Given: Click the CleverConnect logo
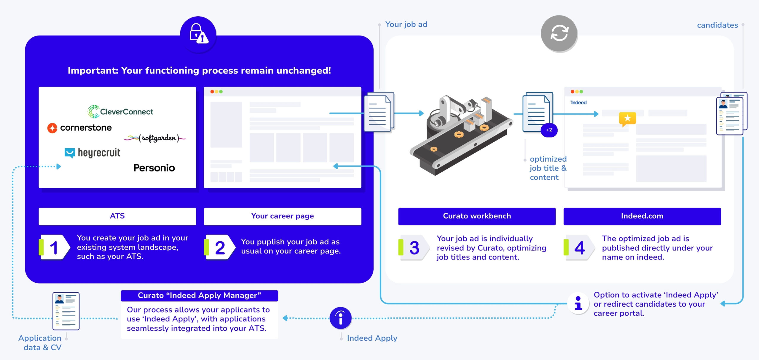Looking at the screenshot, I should tap(120, 111).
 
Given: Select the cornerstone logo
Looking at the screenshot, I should tap(79, 128).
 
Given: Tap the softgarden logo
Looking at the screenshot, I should tap(155, 138).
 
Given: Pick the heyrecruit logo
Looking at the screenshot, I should tap(93, 153).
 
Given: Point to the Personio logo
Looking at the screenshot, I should tap(154, 168).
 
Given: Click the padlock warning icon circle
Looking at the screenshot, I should tap(198, 34).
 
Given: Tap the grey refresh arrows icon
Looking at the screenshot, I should tap(559, 33).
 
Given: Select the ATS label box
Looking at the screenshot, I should tap(117, 216).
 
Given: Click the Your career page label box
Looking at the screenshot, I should tap(282, 216).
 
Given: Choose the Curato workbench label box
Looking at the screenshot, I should tap(477, 216).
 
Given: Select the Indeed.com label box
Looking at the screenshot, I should tap(642, 216).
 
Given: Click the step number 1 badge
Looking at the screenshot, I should tap(55, 247).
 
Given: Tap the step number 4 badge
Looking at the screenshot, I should tap(579, 247).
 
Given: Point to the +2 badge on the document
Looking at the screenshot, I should tap(549, 130).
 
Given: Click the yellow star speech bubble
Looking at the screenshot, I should tap(627, 118).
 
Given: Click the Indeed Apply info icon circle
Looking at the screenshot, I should tap(340, 318).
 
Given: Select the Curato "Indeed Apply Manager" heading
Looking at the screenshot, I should tap(199, 295).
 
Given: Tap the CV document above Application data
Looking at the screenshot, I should tap(66, 311).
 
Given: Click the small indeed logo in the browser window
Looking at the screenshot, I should tap(578, 103).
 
